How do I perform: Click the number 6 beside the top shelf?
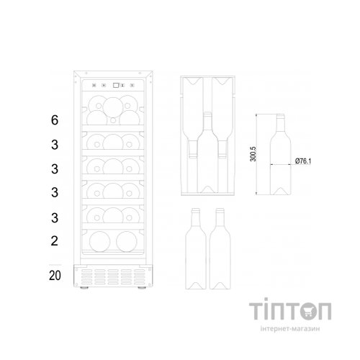coord(55,120)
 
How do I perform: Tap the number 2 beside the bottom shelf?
coord(55,241)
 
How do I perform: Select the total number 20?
coord(55,276)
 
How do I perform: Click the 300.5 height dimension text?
coord(253,154)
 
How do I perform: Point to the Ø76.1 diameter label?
coord(303,161)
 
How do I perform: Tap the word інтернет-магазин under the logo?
coord(290,328)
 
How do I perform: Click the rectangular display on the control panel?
coord(116,85)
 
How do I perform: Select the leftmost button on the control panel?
coord(94,85)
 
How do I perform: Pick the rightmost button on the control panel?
coord(132,85)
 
